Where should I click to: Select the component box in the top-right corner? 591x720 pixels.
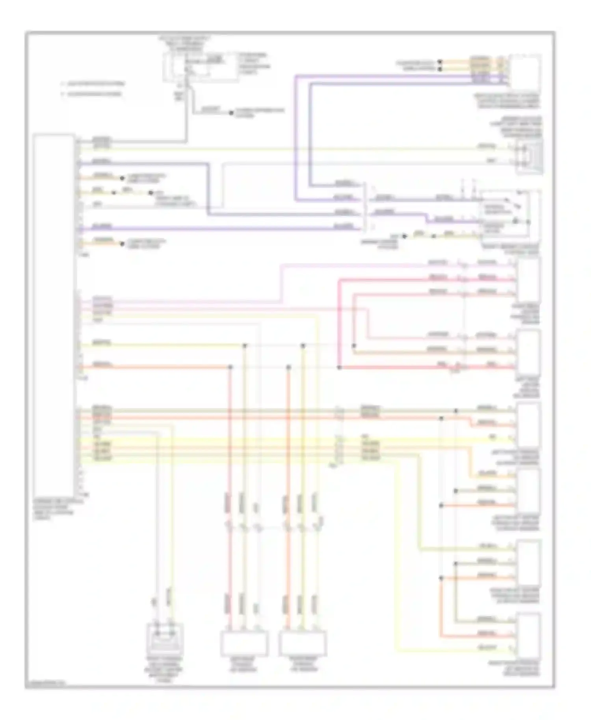coord(525,72)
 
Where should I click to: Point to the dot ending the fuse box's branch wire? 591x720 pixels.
coord(232,113)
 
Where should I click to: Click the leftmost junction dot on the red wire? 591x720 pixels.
coord(230,367)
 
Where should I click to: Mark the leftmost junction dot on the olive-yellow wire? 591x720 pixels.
coord(245,345)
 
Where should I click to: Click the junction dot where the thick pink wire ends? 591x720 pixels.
coord(339,367)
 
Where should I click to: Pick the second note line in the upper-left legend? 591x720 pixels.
coord(92,94)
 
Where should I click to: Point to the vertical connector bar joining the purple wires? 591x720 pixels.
coord(365,207)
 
